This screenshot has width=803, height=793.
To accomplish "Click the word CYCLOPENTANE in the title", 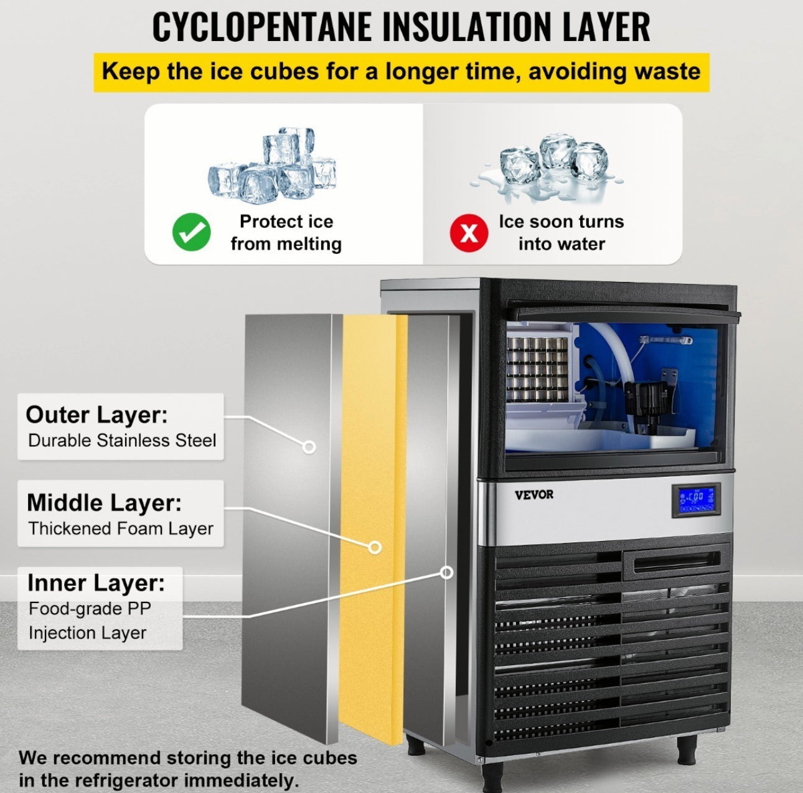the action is (x=261, y=27).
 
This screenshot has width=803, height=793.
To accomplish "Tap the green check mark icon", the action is (x=191, y=232).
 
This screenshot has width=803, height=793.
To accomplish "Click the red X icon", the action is (x=469, y=233).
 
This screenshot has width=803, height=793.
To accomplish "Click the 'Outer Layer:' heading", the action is (x=96, y=415).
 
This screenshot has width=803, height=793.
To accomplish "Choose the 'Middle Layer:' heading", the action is (x=104, y=502).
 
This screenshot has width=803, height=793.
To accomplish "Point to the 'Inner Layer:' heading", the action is (x=96, y=583).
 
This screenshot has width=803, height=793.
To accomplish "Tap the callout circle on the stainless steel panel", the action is (x=308, y=447).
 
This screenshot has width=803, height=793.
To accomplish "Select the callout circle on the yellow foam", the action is (x=375, y=547).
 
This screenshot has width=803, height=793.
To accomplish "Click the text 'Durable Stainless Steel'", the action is (x=122, y=441).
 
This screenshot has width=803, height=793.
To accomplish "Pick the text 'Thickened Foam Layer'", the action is (x=121, y=528).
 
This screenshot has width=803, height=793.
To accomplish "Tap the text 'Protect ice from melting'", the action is (x=286, y=233).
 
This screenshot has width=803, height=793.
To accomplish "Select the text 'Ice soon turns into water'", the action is (x=561, y=233).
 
